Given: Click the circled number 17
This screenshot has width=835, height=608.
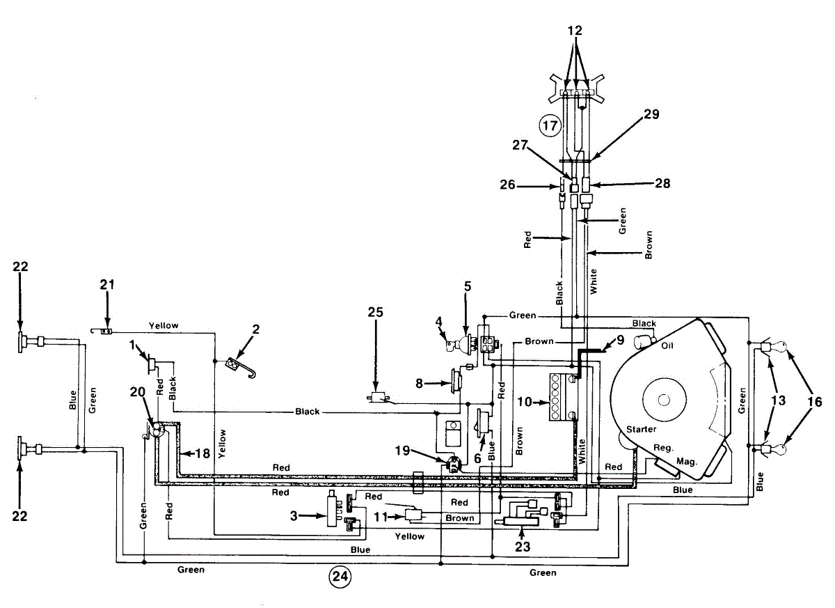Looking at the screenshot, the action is click(550, 125).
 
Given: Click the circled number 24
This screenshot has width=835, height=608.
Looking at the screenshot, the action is click(340, 577).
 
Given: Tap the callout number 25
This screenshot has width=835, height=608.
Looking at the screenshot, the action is click(375, 312).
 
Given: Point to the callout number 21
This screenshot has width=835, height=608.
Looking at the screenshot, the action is click(107, 285).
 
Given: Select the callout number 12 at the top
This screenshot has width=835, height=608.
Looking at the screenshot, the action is click(575, 30).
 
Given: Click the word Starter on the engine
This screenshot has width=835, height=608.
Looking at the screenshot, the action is click(641, 429).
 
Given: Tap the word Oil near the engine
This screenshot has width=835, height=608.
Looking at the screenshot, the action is click(667, 345).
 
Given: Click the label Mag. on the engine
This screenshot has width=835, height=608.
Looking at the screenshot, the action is click(687, 462).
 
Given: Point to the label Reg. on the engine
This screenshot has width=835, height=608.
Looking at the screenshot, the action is click(663, 448).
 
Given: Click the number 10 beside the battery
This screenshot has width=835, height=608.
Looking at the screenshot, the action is click(525, 402).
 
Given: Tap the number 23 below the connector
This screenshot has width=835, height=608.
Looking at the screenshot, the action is click(523, 547).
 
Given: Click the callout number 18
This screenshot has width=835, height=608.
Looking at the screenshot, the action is click(202, 453).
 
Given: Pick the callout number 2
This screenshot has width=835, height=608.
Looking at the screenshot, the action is click(256, 329).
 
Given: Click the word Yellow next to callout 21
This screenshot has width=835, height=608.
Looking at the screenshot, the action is click(164, 326).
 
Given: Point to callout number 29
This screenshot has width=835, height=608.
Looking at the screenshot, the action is click(651, 114).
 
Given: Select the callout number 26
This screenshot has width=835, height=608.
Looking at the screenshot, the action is click(507, 185).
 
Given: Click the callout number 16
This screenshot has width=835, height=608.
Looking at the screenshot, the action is click(815, 402).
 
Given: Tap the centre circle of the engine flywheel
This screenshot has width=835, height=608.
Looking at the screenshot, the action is click(664, 400).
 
